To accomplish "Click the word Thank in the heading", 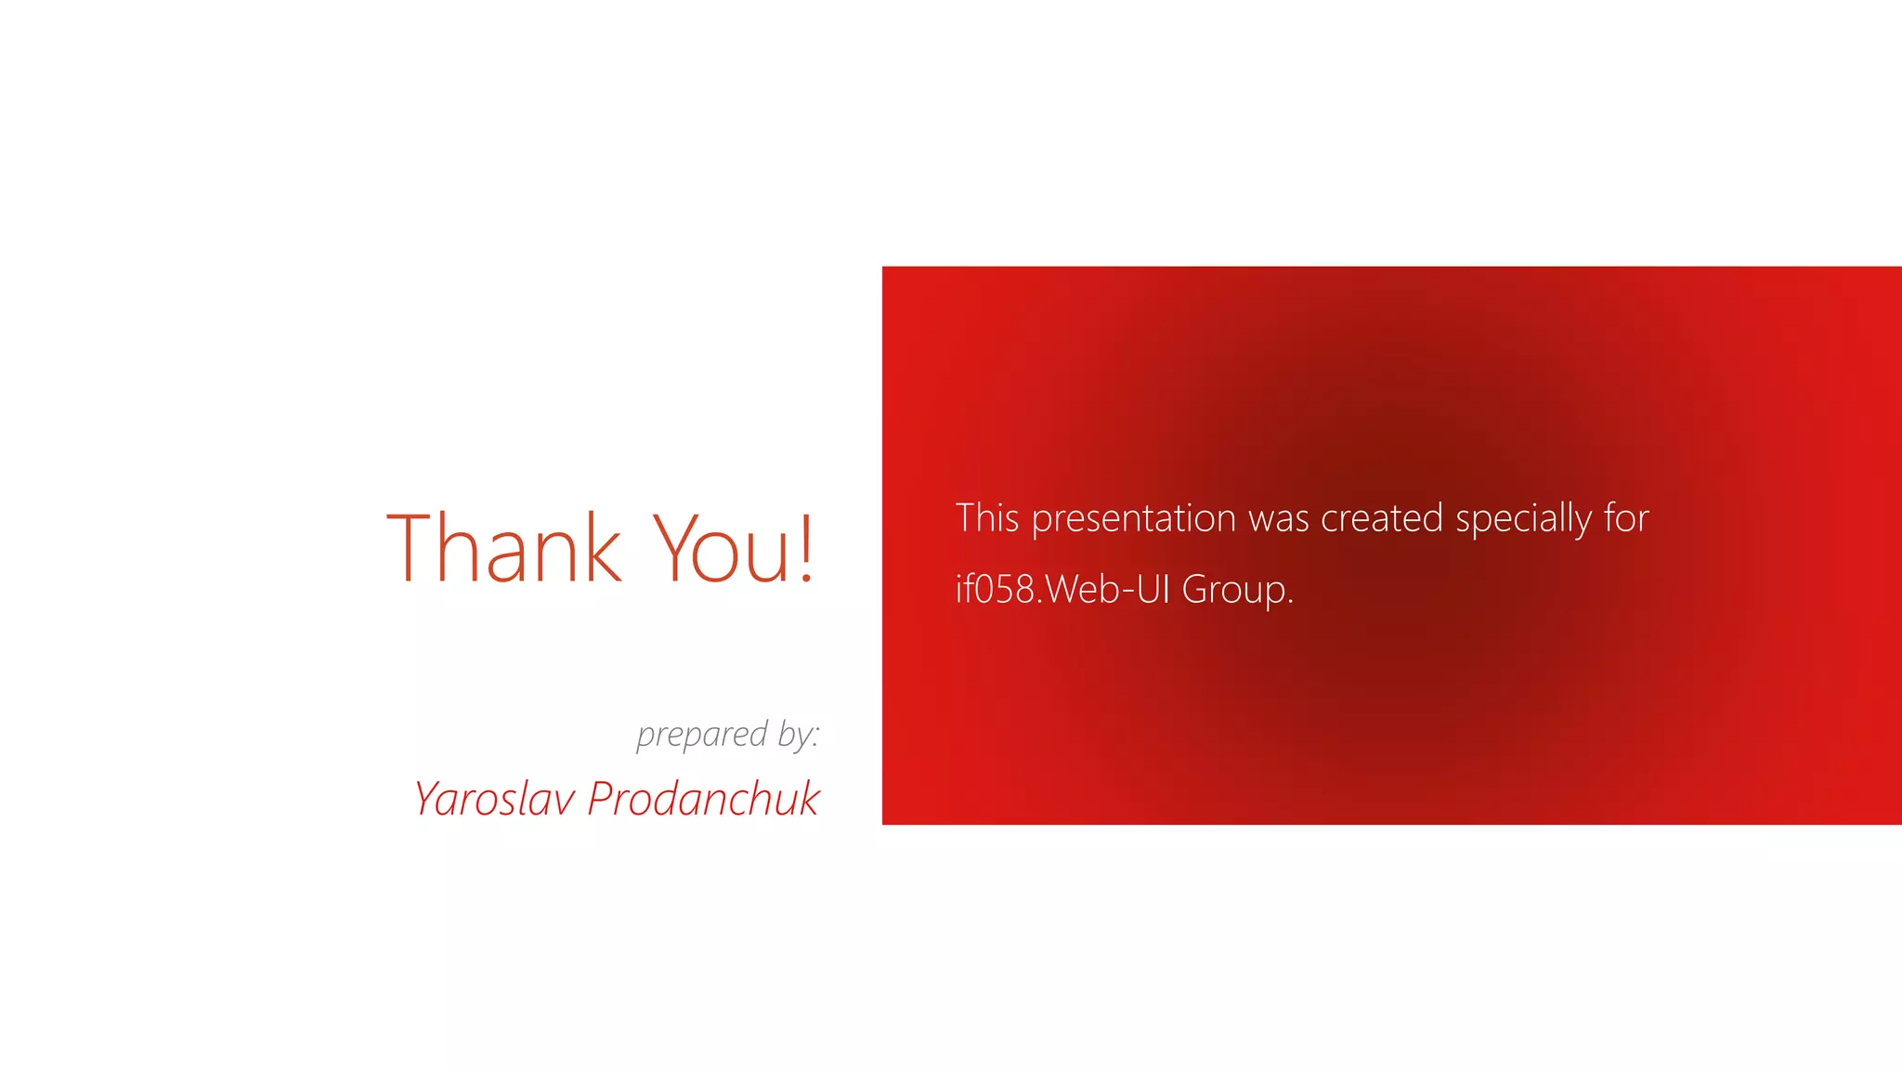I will pos(503,550).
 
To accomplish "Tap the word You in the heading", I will pos(721,550).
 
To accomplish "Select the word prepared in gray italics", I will pos(702,736).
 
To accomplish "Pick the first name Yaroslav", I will pos(494,800).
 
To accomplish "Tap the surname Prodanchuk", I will pos(703,800).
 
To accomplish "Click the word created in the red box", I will pos(1382,518).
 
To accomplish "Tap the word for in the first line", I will pos(1626,518).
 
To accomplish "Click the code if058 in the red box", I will pos(995,590).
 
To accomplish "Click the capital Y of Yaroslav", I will pos(428,800).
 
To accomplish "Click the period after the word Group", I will pos(1290,603).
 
